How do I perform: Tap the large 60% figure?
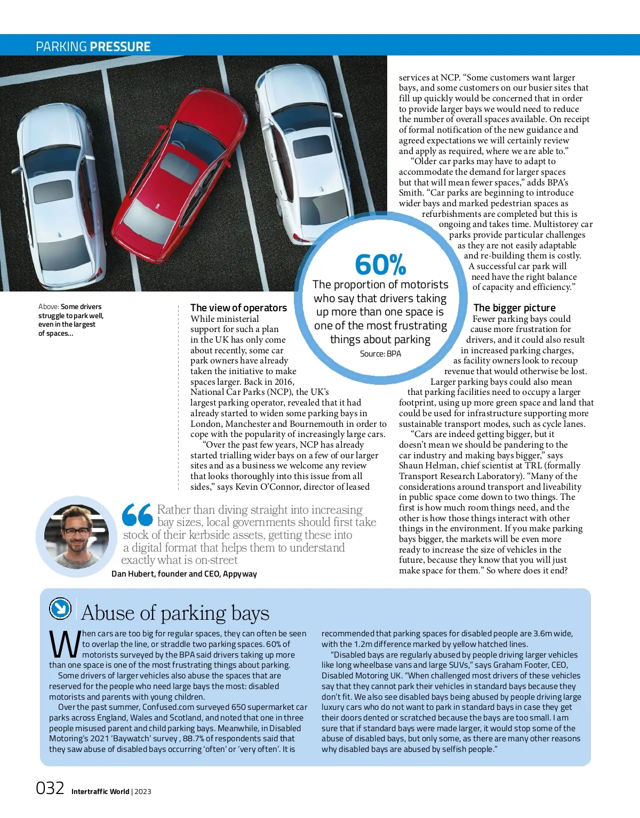380,264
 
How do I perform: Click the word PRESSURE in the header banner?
120,46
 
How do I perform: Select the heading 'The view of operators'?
238,307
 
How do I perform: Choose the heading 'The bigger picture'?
514,307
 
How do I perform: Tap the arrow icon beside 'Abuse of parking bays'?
60,608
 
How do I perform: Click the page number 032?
50,788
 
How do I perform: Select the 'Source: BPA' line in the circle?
380,353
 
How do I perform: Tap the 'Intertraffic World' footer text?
100,791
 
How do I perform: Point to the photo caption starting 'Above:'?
71,320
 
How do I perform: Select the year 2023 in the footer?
143,791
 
